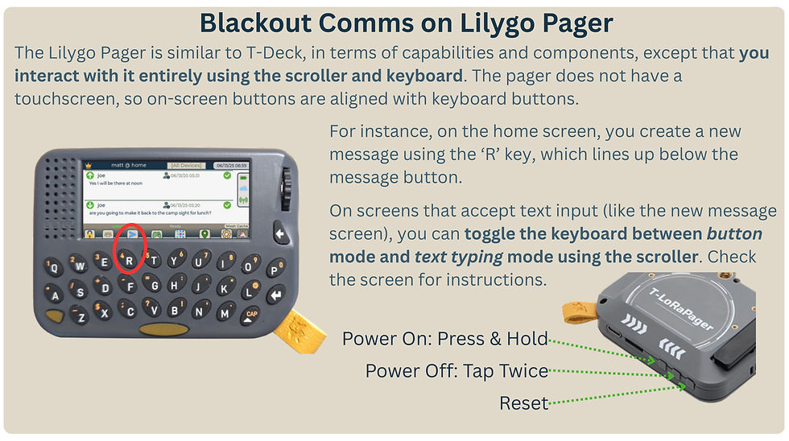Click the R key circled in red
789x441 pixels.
coord(129,260)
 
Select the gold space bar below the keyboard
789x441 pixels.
coord(162,328)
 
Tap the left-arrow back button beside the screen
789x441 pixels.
coord(280,234)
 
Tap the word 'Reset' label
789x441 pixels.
coord(524,403)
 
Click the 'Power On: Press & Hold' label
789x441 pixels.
coord(445,338)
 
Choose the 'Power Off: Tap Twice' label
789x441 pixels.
coord(456,371)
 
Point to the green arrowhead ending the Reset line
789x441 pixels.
coord(687,386)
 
